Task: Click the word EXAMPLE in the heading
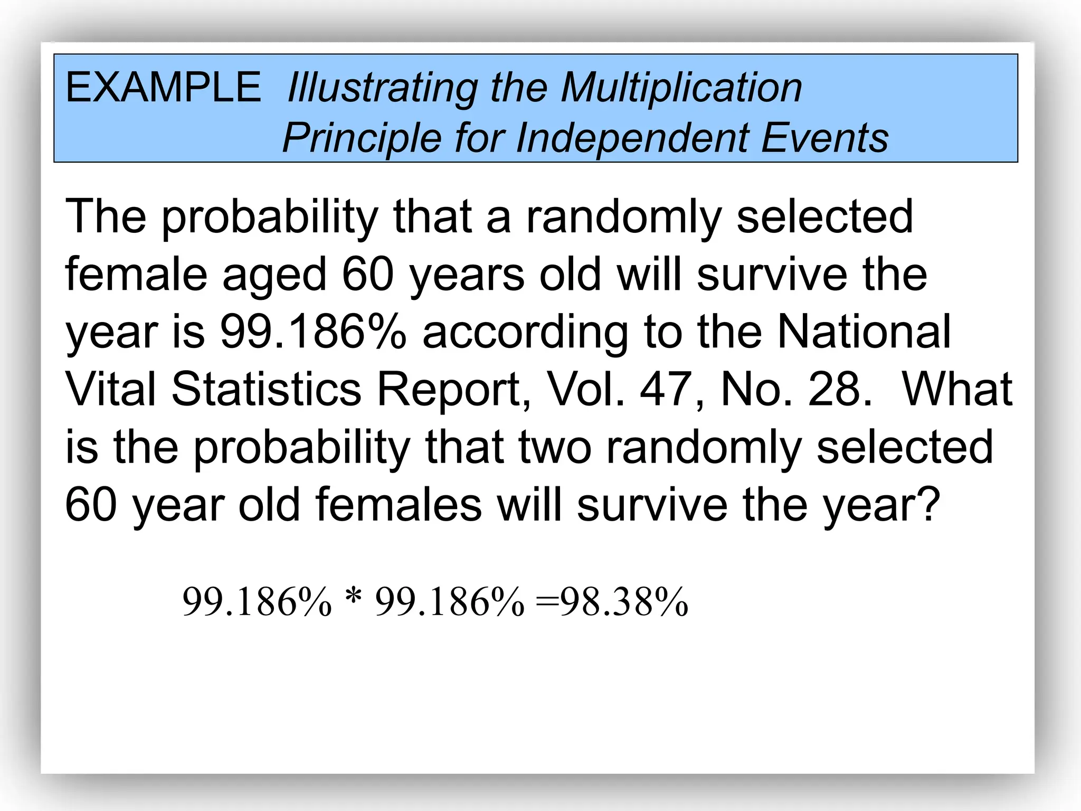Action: [163, 87]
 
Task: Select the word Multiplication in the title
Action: [681, 87]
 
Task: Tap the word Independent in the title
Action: [633, 138]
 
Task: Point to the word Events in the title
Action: [824, 138]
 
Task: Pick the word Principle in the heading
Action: [362, 139]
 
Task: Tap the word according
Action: [525, 333]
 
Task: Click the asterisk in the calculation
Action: [353, 598]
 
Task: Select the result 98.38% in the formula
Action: [624, 602]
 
